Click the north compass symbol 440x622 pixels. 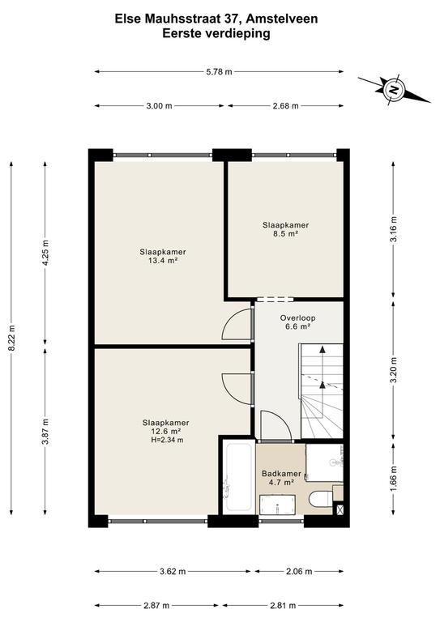(394, 89)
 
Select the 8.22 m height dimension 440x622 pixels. (12, 338)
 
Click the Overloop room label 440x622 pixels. (297, 317)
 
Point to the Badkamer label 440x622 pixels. (281, 474)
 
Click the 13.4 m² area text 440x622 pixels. (163, 261)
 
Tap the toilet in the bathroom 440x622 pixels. (321, 499)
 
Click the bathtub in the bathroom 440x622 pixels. (237, 477)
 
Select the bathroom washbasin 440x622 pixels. (277, 505)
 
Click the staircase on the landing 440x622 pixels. (322, 391)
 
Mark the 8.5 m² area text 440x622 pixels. (285, 233)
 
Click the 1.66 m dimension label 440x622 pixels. (393, 479)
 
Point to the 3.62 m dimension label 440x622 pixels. (173, 572)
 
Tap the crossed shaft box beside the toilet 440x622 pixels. (339, 509)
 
